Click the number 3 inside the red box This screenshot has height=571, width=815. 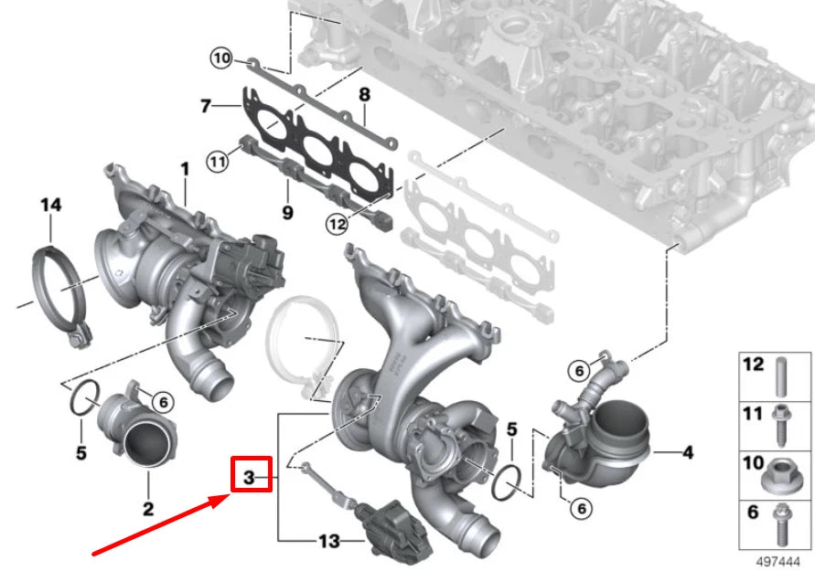248,476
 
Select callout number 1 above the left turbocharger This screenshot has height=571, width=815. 184,169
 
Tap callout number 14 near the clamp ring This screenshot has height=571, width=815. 50,206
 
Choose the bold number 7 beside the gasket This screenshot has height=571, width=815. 206,107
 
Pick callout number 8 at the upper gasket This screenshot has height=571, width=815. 363,94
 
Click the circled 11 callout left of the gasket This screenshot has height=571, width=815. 216,163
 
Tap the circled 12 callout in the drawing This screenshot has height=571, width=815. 336,222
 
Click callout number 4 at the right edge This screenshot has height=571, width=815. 688,451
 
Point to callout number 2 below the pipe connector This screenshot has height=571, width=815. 147,507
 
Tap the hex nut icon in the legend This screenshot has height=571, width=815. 781,471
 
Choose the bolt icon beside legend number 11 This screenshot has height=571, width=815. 781,421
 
